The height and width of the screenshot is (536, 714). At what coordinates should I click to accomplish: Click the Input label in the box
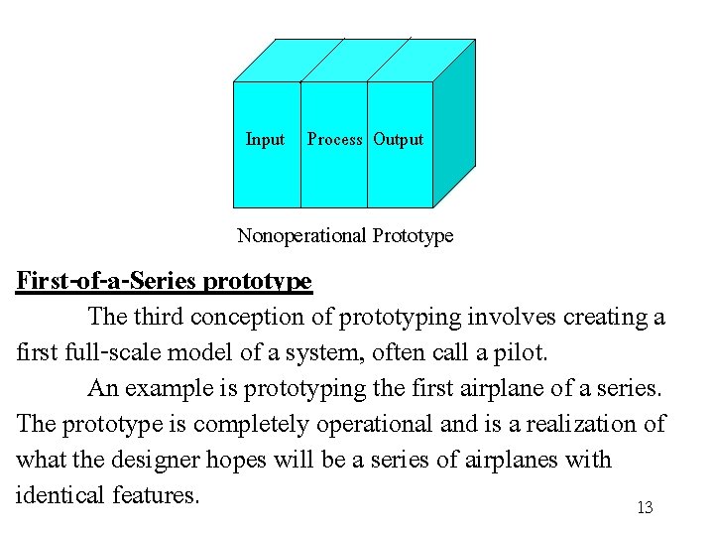tap(265, 140)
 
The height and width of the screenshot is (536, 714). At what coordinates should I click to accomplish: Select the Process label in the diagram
tap(334, 140)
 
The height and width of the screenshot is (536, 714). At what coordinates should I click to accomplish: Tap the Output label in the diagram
tap(399, 140)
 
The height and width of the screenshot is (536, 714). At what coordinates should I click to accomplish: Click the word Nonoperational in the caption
tap(302, 236)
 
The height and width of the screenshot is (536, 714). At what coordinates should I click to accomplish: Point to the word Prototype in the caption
tap(414, 236)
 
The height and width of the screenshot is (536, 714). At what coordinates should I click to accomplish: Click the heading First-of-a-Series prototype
tap(165, 282)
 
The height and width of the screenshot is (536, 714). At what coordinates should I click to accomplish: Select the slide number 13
tap(645, 508)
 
